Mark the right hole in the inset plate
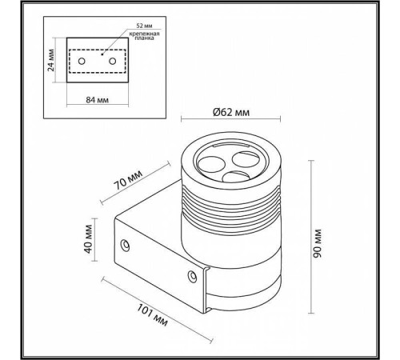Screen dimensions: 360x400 coord(112,62)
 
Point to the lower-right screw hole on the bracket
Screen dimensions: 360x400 coord(191,277)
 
